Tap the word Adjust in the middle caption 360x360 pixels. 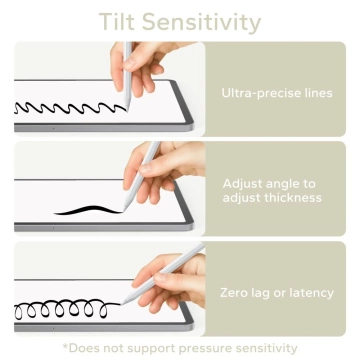click(x=247, y=184)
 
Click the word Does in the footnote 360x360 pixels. click(x=90, y=347)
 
